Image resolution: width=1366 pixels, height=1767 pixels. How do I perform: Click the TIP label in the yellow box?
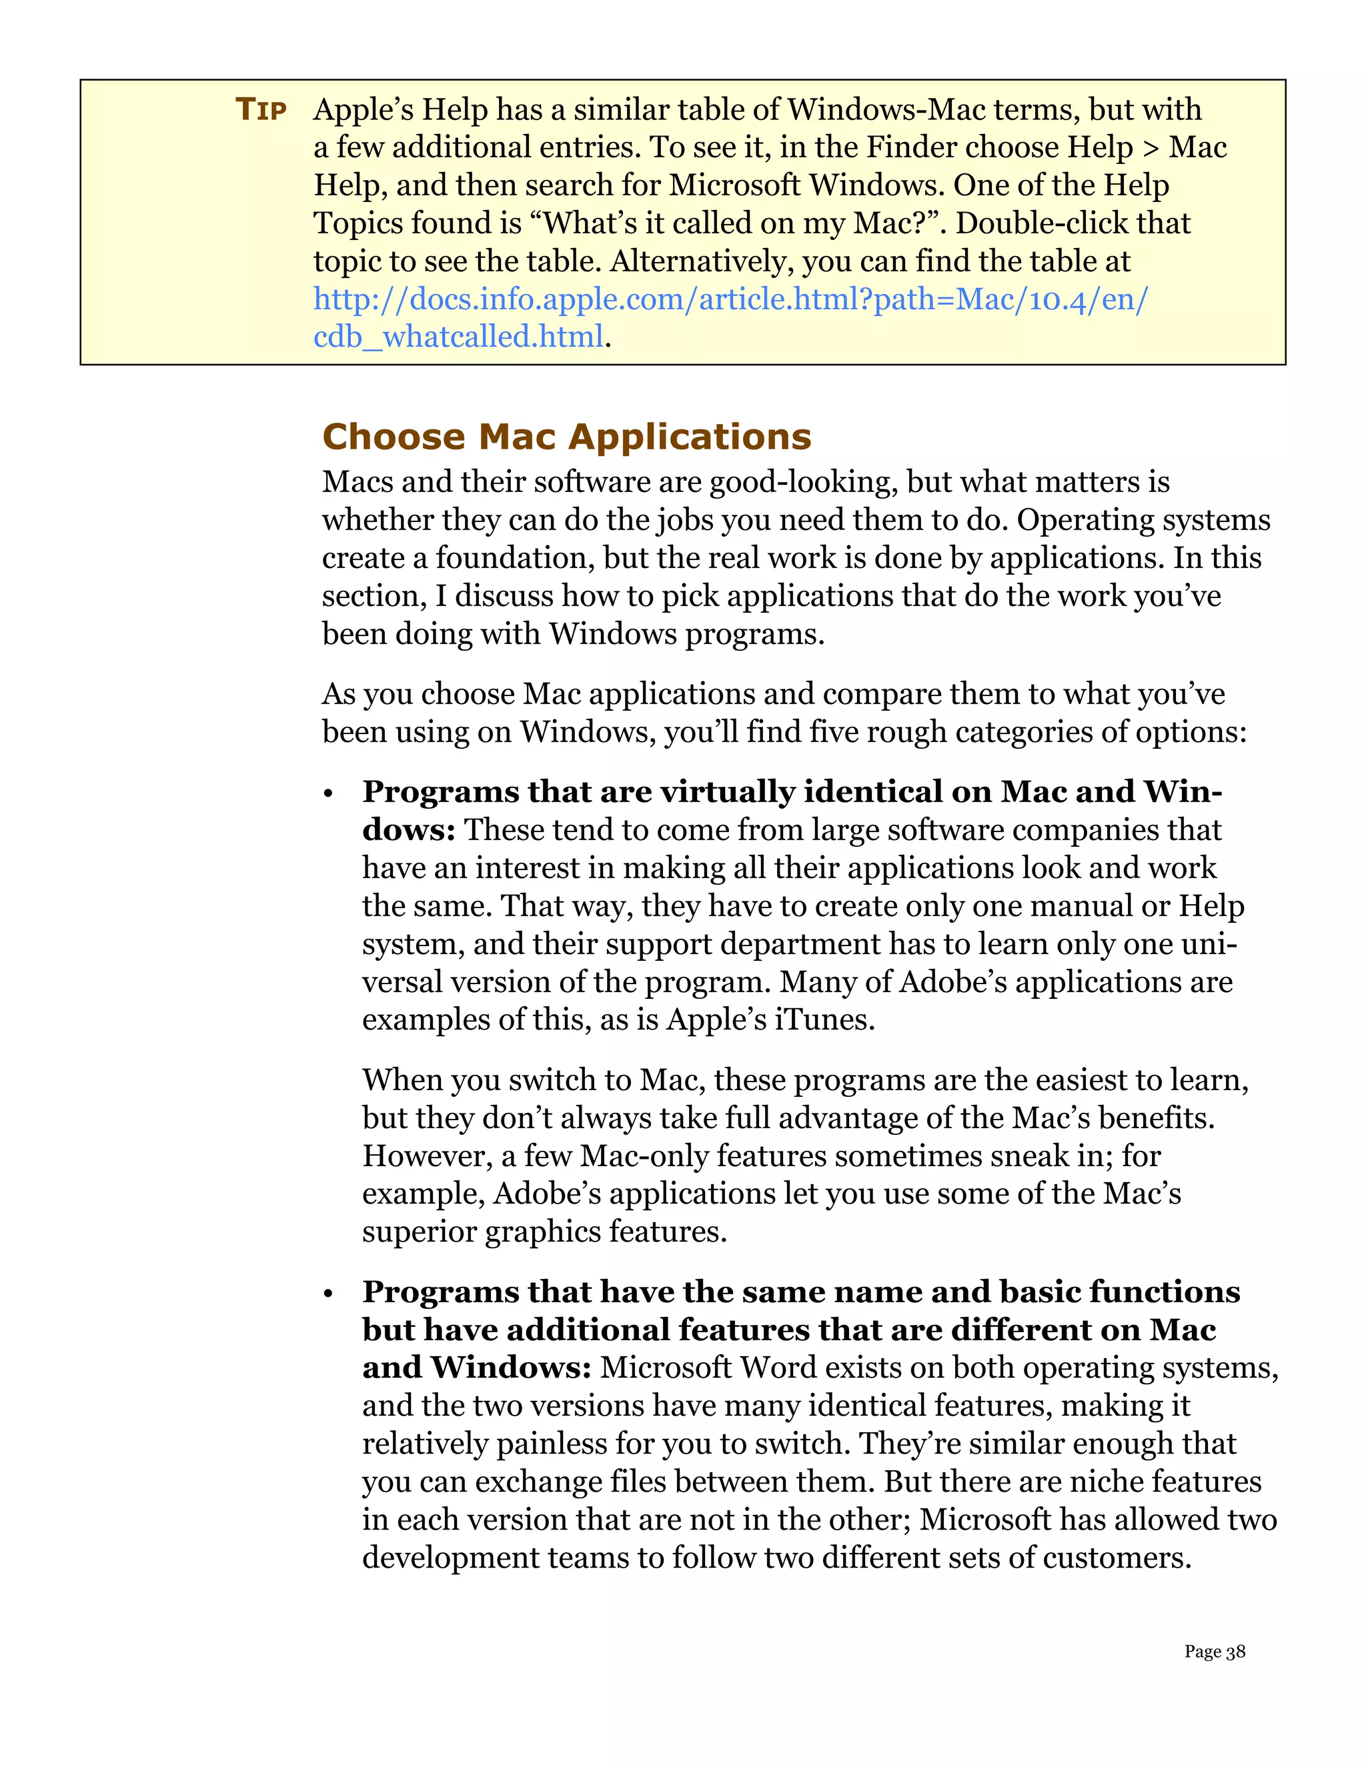(261, 109)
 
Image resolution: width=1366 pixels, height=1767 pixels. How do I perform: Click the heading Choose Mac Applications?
(566, 437)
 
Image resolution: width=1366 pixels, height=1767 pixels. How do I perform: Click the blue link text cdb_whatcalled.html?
(458, 337)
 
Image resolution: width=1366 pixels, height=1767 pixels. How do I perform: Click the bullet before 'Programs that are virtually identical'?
(329, 795)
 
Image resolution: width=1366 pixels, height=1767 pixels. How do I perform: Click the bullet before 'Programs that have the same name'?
(329, 1294)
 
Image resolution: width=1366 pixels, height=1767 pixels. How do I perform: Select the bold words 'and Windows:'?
(477, 1368)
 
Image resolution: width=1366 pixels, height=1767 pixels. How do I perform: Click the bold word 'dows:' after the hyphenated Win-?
(409, 829)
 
